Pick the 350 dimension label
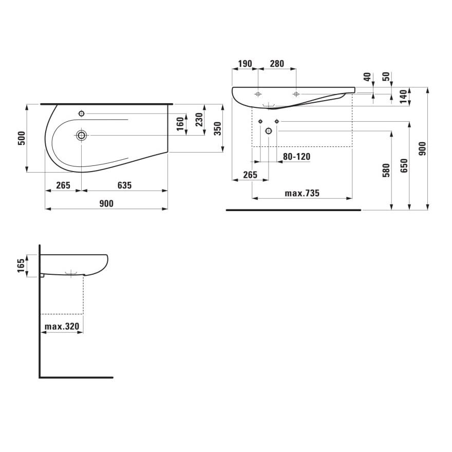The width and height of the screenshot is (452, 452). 217,128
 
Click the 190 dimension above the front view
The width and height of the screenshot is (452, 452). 244,64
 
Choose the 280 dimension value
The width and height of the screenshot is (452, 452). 277,64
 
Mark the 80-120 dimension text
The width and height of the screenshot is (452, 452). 296,157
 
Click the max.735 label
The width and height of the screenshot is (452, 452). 302,193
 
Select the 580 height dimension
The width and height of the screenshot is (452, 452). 386,169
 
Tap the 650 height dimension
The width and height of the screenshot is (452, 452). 404,165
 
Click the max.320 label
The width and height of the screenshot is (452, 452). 62,327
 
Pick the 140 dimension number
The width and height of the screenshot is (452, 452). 403,96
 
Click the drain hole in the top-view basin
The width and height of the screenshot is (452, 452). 82,135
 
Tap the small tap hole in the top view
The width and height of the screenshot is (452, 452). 81,113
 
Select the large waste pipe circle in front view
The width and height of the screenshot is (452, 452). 268,131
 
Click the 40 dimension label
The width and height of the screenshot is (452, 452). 367,77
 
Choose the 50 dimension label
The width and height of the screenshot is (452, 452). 386,77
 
